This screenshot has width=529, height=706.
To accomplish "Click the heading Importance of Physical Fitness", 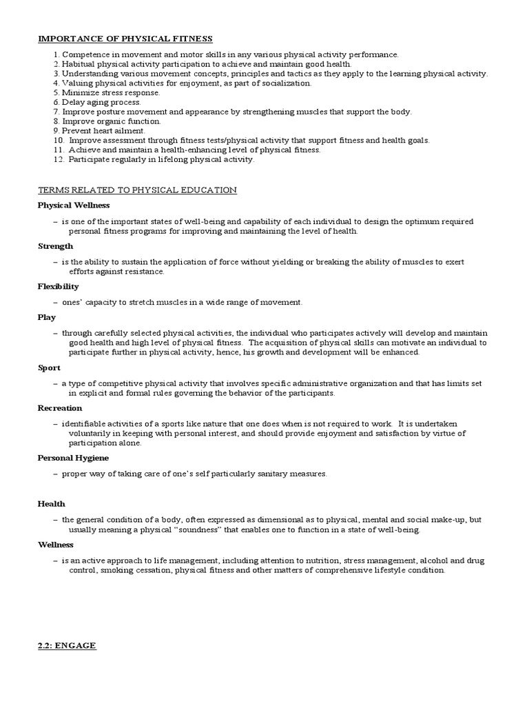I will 125,39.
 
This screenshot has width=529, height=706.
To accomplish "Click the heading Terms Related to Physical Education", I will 137,190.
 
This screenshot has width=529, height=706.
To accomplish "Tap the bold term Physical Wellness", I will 74,205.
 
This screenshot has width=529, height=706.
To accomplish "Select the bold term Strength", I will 55,246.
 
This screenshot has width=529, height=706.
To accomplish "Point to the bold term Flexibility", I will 59,286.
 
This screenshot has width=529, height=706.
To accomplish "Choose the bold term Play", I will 47,317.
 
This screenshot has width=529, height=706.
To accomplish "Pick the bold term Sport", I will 49,367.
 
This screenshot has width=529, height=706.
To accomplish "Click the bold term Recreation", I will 60,408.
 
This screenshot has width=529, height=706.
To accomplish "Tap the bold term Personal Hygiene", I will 73,458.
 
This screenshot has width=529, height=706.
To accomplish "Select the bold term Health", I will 51,504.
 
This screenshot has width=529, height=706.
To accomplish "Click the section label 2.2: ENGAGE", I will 67,645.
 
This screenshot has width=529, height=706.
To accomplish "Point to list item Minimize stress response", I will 110,92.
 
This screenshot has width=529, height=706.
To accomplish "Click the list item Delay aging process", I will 101,102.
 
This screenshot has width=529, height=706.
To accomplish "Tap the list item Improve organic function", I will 111,121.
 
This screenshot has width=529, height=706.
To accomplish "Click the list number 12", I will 57,159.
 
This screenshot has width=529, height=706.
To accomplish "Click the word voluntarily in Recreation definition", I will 90,433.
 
